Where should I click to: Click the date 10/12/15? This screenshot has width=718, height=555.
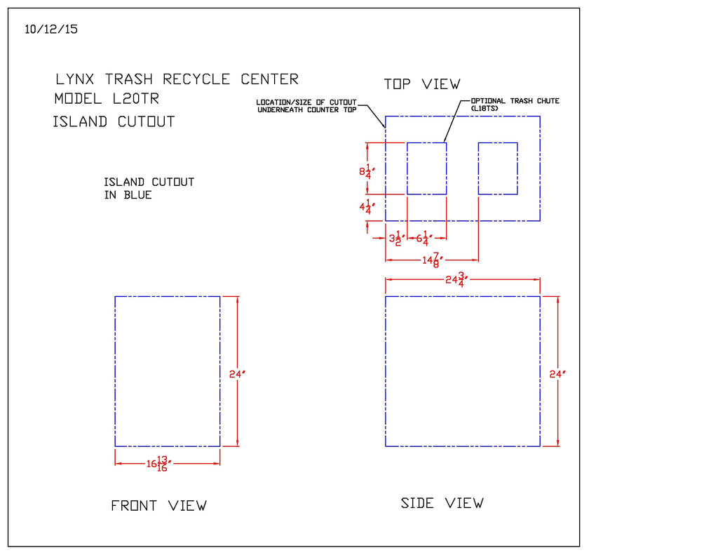(x=50, y=29)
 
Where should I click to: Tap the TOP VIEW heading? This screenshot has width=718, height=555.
(x=422, y=84)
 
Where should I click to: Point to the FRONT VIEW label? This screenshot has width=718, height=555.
(x=158, y=505)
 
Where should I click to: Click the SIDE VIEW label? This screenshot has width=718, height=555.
(x=442, y=503)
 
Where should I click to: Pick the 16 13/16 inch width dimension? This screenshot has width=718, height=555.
(x=158, y=464)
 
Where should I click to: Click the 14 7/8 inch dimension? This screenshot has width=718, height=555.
(x=432, y=260)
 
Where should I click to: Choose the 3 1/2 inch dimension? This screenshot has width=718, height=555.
(x=396, y=239)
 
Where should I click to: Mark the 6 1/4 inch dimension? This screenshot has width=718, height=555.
(x=424, y=239)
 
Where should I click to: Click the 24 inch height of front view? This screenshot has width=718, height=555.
(x=236, y=374)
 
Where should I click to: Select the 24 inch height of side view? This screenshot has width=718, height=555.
(x=557, y=374)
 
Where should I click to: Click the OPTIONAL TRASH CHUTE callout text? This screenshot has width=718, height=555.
(x=515, y=104)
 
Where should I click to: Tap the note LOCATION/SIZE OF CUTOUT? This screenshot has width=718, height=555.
(x=306, y=105)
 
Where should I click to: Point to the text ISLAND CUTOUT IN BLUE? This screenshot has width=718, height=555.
(x=149, y=188)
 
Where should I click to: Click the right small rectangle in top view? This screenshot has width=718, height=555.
(x=498, y=168)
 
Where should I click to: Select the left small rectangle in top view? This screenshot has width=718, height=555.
(x=426, y=168)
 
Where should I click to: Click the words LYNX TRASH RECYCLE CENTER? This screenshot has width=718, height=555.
(x=177, y=79)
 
